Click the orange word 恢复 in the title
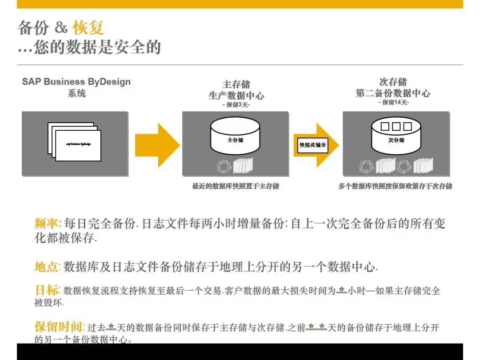click(88, 28)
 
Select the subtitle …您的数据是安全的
click(89, 47)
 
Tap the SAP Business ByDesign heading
click(76, 82)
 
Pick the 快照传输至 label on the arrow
click(313, 145)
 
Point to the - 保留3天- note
click(236, 105)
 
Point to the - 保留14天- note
click(393, 103)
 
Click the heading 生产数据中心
click(236, 95)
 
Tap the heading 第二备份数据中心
click(393, 93)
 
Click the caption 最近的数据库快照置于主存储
click(236, 186)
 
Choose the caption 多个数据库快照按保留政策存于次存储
click(395, 186)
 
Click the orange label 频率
click(47, 223)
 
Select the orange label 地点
click(47, 267)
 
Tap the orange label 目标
click(47, 290)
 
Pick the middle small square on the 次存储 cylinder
click(396, 127)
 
